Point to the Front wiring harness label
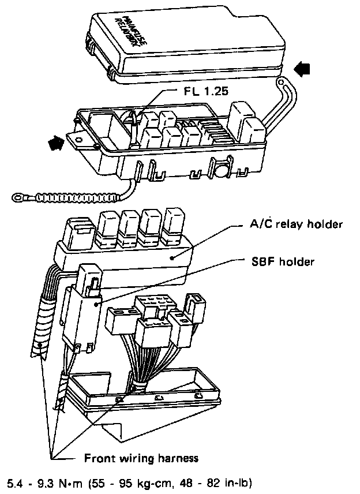click(x=141, y=458)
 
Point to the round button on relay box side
click(x=220, y=169)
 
